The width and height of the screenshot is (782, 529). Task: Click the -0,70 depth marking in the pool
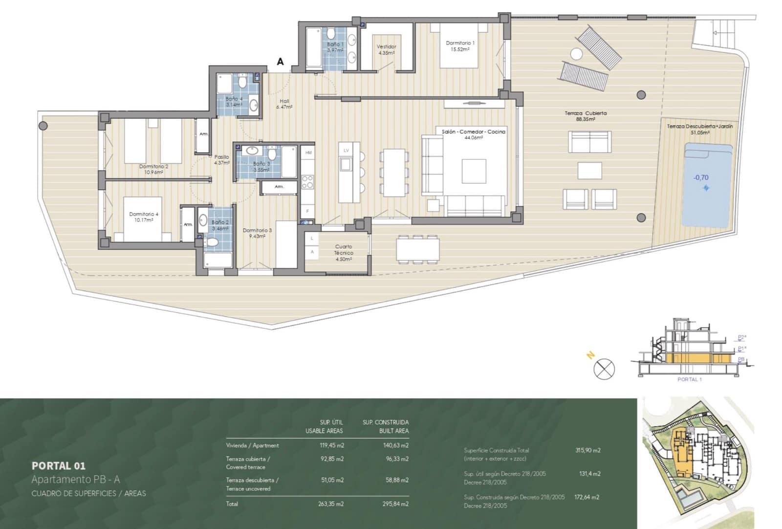click(701, 177)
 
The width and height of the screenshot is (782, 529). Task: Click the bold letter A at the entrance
click(280, 62)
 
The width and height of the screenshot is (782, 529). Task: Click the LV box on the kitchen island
click(346, 151)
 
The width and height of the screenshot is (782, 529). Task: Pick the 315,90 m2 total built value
click(587, 450)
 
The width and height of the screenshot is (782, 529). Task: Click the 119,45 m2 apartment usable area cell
click(332, 445)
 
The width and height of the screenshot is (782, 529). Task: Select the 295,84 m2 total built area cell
click(395, 504)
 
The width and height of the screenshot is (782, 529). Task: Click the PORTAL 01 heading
click(58, 465)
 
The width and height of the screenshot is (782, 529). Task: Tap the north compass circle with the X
click(604, 369)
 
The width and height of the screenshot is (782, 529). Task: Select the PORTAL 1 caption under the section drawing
click(689, 379)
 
